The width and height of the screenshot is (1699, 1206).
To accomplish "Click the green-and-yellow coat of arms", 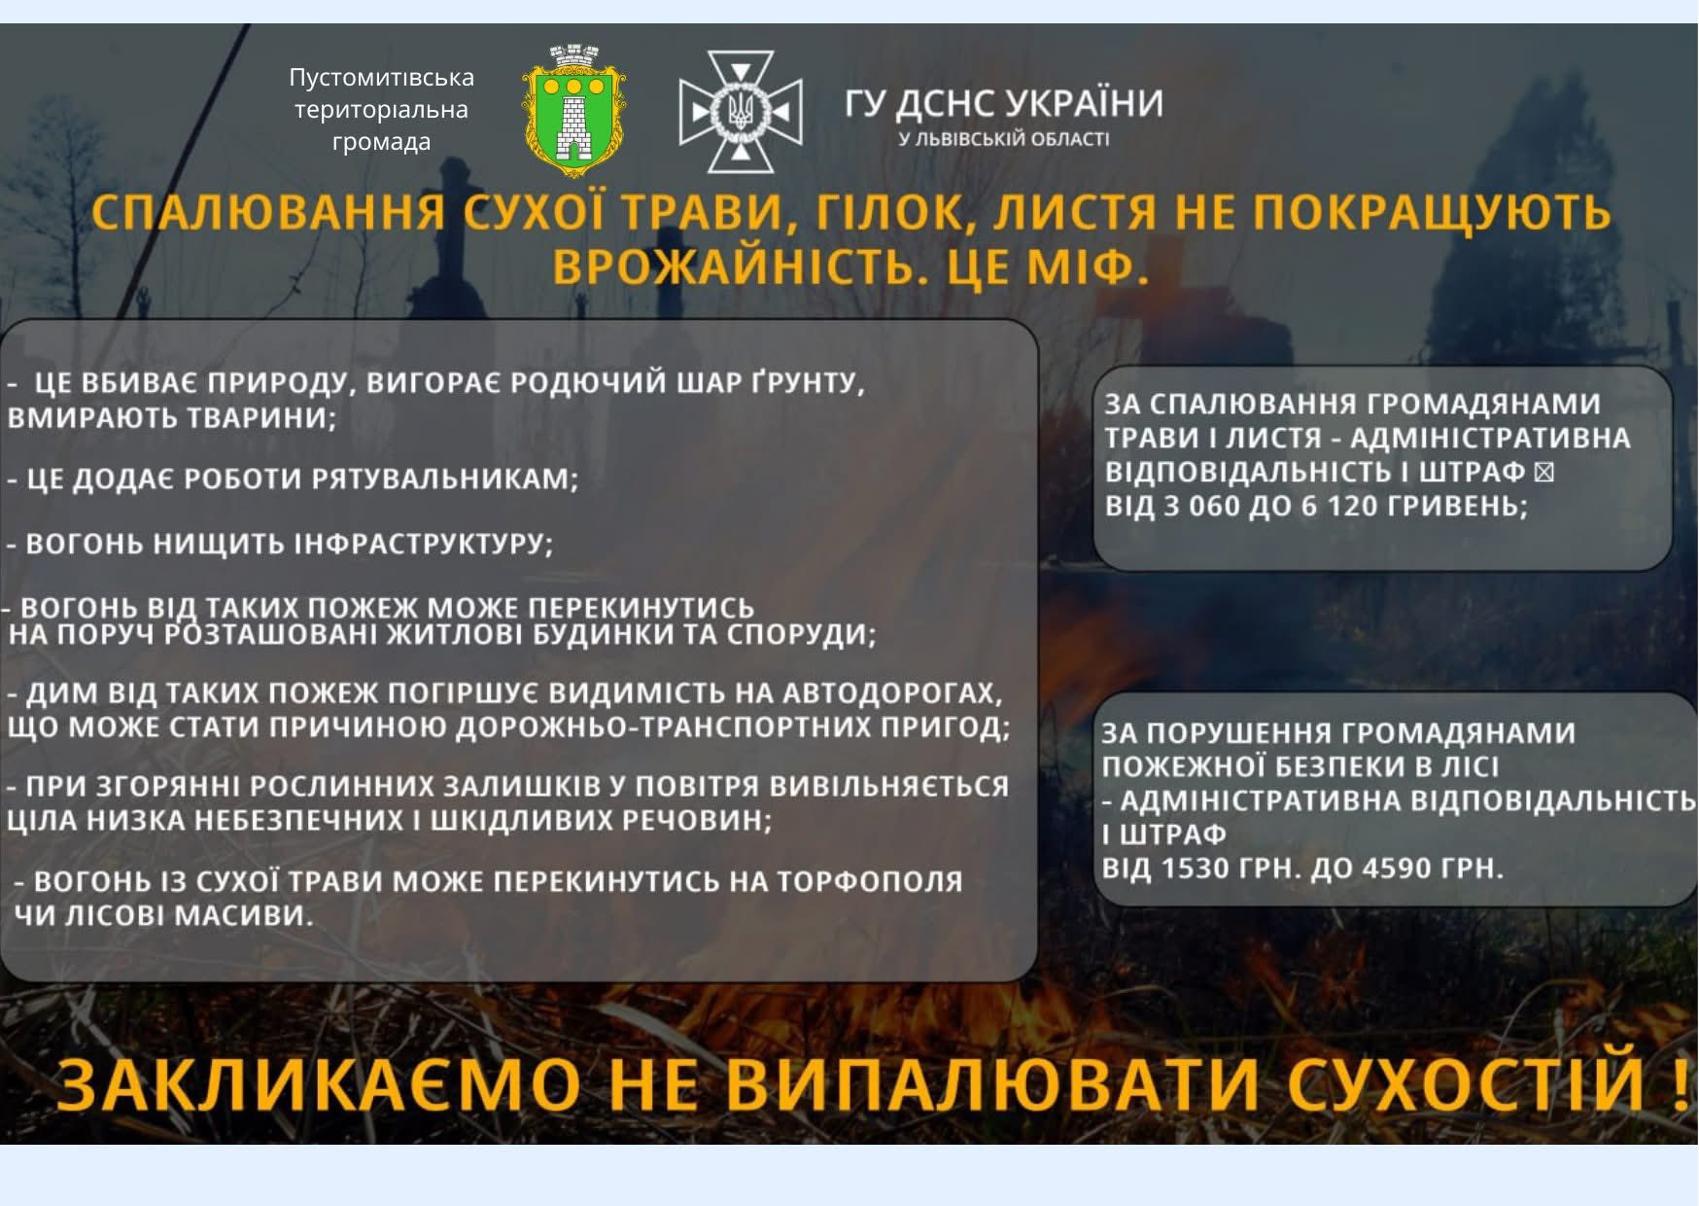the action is (573, 110).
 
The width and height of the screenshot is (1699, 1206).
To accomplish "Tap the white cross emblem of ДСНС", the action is (741, 112).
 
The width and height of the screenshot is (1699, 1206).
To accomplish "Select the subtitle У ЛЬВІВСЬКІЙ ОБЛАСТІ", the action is (1003, 139).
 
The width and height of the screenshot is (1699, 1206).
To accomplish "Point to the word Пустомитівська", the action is (381, 77).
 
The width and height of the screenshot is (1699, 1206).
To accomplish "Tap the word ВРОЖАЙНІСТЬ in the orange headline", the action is (735, 267).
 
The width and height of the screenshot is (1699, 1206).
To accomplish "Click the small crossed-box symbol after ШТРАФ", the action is (1543, 472).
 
